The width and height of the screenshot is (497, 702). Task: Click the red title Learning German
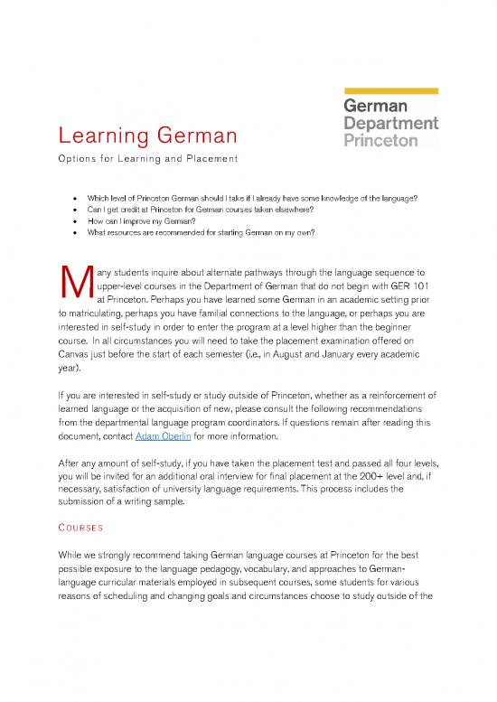pyautogui.click(x=148, y=137)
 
